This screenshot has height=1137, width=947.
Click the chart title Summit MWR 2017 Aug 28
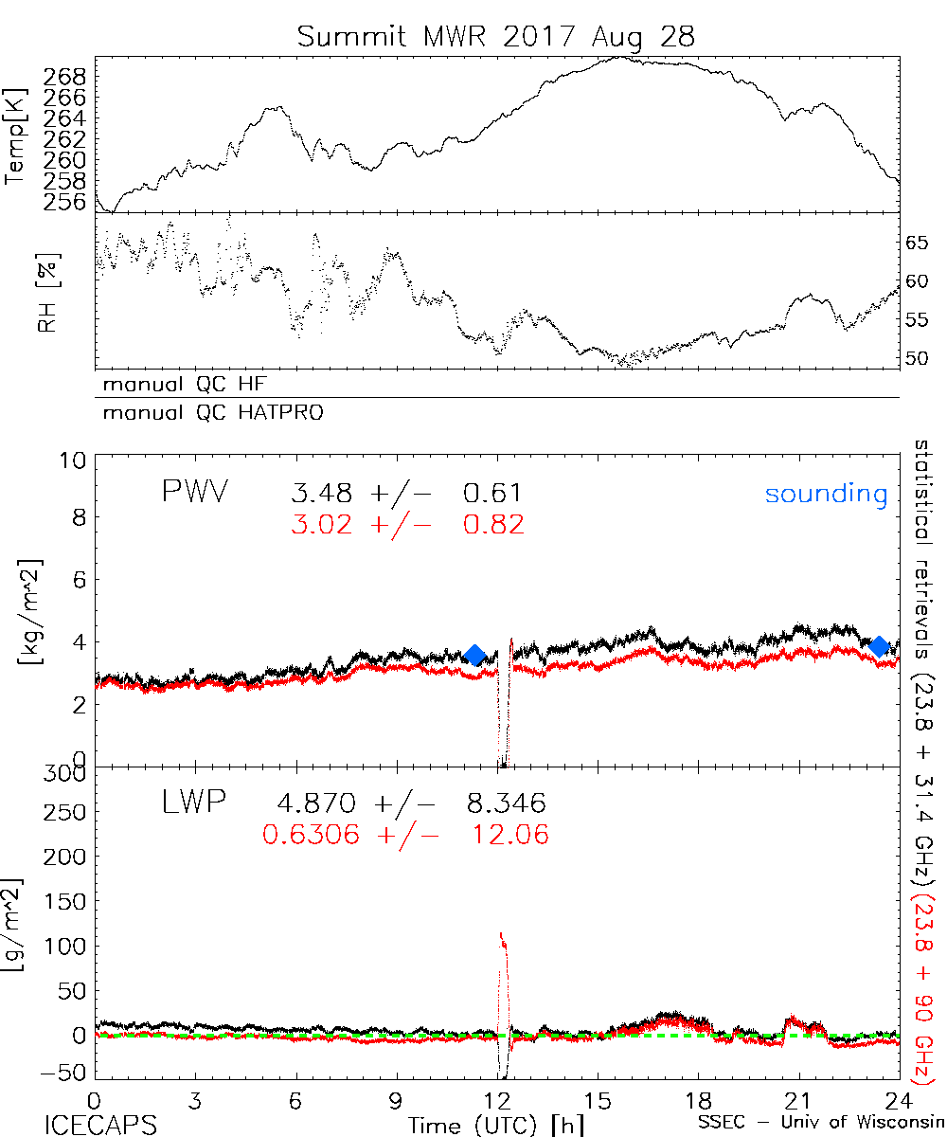tap(495, 36)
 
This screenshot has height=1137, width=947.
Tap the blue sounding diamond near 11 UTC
tap(475, 655)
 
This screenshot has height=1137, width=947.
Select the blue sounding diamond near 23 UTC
tap(880, 646)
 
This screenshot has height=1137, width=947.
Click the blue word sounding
tap(827, 494)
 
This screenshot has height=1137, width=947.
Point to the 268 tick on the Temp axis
tap(65, 77)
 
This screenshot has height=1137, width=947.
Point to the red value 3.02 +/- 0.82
tap(407, 525)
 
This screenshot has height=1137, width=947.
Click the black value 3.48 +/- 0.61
tap(407, 494)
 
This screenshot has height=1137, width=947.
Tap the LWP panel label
tap(193, 803)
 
